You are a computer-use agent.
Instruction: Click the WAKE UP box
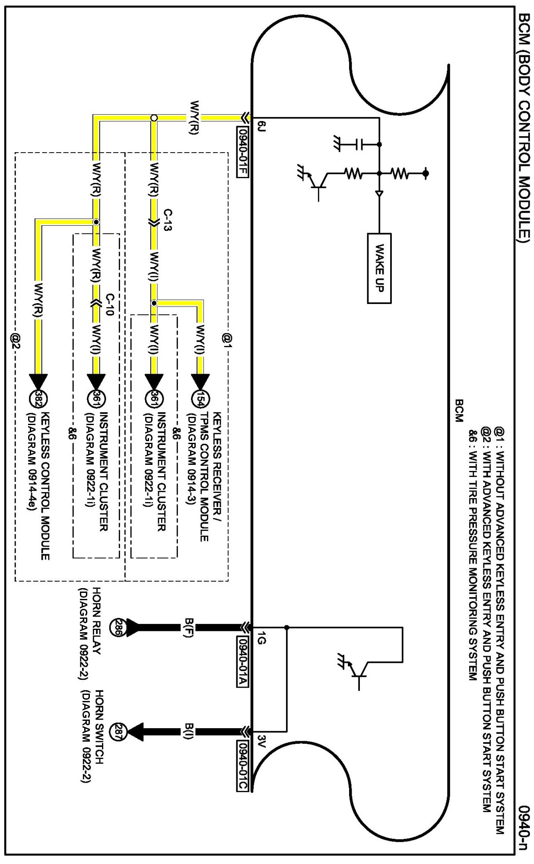pos(379,268)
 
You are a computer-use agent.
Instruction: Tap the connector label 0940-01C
pos(242,765)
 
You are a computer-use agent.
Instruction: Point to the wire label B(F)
pos(188,627)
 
